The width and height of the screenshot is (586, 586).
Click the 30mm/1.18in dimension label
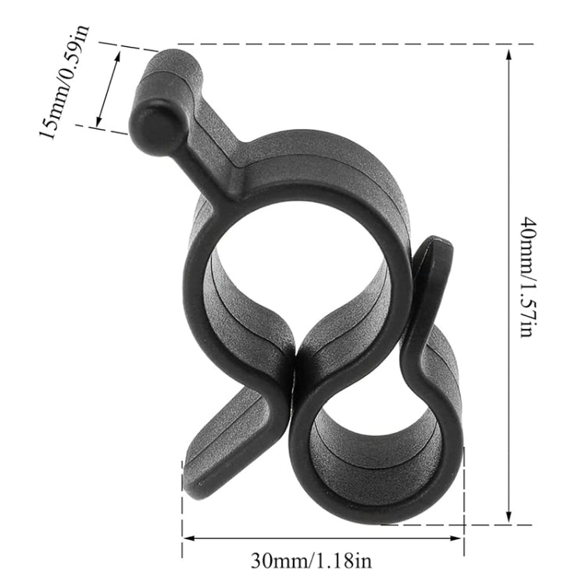tap(323, 560)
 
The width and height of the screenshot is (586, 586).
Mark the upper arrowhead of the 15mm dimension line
tap(119, 55)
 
